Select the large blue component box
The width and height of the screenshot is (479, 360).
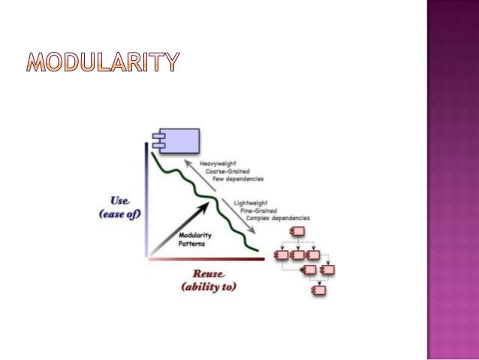(x=175, y=139)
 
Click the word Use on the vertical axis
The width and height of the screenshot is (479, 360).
(x=121, y=201)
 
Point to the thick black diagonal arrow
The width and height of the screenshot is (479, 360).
(x=181, y=225)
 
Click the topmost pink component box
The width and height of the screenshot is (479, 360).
(x=297, y=231)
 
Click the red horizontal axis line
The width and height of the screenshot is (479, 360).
(x=206, y=258)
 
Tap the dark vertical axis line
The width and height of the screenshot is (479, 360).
(x=148, y=199)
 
